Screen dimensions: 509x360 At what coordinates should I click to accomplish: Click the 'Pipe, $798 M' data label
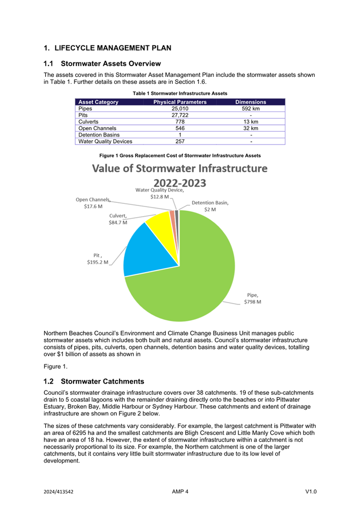point(252,298)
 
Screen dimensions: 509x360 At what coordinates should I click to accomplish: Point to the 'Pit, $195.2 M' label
point(98,259)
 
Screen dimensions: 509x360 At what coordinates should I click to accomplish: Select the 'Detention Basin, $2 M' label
point(210,206)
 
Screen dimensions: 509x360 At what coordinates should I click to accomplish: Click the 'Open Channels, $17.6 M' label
point(93,203)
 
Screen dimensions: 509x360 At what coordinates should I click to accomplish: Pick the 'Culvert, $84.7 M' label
point(118,219)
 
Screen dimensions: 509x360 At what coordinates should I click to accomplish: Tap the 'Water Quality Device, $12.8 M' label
point(159,193)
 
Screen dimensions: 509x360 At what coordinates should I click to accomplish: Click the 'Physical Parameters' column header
point(180,102)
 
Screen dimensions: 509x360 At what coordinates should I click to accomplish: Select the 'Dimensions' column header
point(251,102)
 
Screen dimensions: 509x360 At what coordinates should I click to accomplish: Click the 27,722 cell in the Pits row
point(180,115)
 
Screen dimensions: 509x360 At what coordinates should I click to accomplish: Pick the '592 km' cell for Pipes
point(251,109)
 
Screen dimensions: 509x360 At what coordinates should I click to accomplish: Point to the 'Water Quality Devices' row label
point(105,142)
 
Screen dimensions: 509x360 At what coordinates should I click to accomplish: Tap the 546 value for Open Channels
point(180,129)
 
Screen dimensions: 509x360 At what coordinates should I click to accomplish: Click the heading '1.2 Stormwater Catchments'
point(94,381)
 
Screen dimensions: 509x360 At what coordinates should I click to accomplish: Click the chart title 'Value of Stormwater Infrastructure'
point(180,169)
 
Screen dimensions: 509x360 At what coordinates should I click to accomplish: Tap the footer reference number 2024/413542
point(59,491)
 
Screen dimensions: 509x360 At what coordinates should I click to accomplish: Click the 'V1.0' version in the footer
point(311,491)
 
